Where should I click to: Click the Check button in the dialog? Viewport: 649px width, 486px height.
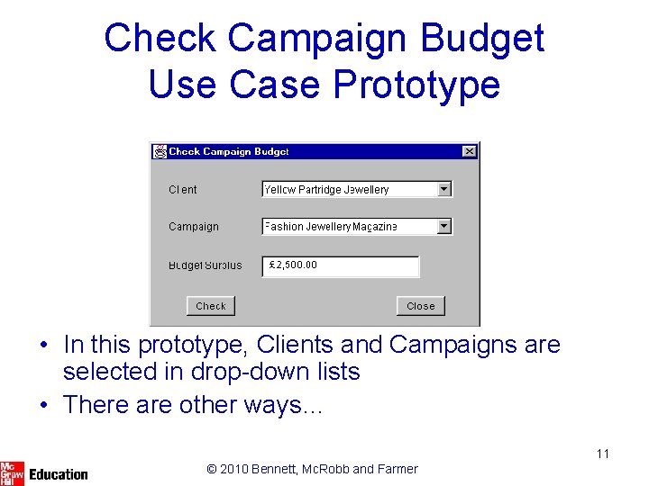pyautogui.click(x=211, y=306)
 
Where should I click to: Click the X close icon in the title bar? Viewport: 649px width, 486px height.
pyautogui.click(x=469, y=152)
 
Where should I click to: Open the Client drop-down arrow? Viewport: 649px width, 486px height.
pyautogui.click(x=443, y=189)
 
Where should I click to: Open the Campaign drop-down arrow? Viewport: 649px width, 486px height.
pyautogui.click(x=443, y=227)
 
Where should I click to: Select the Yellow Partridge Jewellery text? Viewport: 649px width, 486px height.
pyautogui.click(x=326, y=190)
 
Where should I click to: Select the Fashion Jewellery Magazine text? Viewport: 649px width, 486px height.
pyautogui.click(x=331, y=227)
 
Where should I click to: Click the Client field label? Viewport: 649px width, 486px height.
pyautogui.click(x=183, y=190)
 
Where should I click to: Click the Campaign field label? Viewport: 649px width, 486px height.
pyautogui.click(x=194, y=227)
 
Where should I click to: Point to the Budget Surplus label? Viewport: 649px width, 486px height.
pyautogui.click(x=206, y=265)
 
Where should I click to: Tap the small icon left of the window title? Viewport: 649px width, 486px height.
pyautogui.click(x=160, y=152)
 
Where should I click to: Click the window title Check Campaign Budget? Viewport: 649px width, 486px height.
pyautogui.click(x=229, y=152)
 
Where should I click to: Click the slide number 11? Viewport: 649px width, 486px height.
pyautogui.click(x=602, y=454)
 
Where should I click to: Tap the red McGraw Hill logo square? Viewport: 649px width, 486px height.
pyautogui.click(x=12, y=473)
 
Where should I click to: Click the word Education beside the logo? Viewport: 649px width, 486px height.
pyautogui.click(x=59, y=474)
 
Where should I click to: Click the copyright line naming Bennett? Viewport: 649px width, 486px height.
pyautogui.click(x=312, y=469)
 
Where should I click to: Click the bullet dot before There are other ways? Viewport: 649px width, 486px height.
pyautogui.click(x=43, y=406)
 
